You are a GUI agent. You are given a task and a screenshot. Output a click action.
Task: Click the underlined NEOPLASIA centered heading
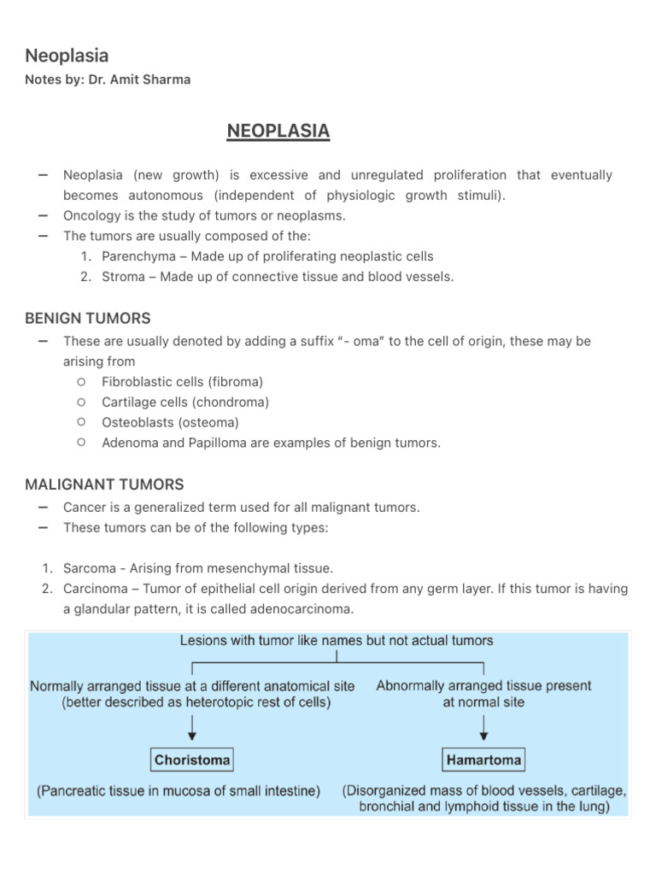278,132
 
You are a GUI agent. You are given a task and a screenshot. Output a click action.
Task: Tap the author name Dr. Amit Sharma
140,79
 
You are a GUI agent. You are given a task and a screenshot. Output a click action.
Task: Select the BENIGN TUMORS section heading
88,318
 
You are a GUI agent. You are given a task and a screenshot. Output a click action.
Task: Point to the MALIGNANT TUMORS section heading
104,484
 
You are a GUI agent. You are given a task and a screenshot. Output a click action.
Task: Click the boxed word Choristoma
192,759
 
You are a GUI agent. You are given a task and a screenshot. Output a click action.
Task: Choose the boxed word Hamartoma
483,759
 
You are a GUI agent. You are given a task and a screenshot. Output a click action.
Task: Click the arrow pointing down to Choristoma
192,727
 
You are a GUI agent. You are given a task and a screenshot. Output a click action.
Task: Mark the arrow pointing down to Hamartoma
484,727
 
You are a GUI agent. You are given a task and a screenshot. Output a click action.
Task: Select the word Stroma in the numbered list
123,277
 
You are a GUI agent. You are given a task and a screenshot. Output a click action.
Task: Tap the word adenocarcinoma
304,609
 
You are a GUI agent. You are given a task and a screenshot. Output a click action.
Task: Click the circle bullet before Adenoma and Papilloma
80,442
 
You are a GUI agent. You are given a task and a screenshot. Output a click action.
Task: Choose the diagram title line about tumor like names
336,640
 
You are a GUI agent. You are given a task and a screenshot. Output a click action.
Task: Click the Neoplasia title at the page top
67,56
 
